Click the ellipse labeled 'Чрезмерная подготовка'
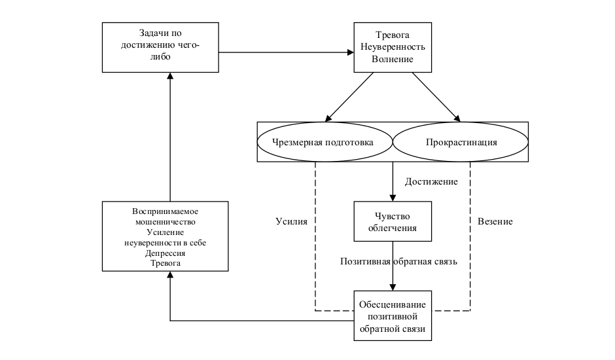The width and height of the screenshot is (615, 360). pyautogui.click(x=325, y=142)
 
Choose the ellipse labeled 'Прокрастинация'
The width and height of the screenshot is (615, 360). pyautogui.click(x=461, y=142)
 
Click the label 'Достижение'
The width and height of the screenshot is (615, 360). pyautogui.click(x=431, y=181)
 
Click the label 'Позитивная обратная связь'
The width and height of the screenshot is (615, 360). pyautogui.click(x=398, y=261)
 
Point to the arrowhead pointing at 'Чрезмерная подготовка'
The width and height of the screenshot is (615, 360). pyautogui.click(x=325, y=118)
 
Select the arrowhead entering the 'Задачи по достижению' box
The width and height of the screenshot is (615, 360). pyautogui.click(x=169, y=76)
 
